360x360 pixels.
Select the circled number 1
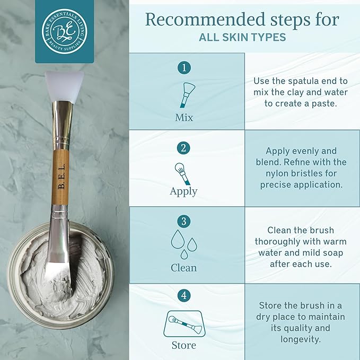[185, 68]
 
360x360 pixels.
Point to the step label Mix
[184, 117]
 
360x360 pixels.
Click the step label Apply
[183, 191]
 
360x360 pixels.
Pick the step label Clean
[184, 267]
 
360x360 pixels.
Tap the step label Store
[183, 345]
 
